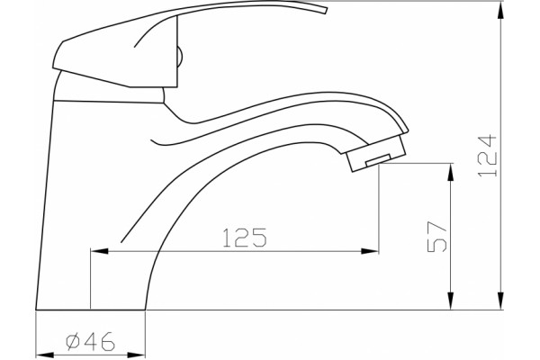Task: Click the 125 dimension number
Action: tap(245, 238)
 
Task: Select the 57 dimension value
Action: tap(437, 237)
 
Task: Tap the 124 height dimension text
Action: tap(487, 156)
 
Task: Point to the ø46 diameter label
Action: tap(90, 341)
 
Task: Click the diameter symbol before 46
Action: tap(73, 341)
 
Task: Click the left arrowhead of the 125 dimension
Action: tap(99, 251)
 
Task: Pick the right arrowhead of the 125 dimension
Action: tap(370, 251)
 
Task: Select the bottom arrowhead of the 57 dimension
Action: tap(451, 301)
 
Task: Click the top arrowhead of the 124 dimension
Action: tap(500, 10)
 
